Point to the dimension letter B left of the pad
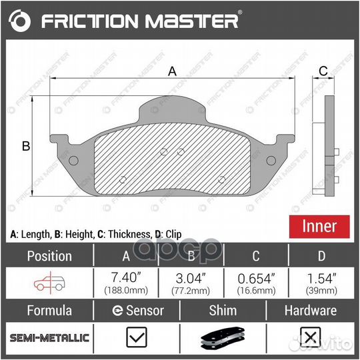(25, 147)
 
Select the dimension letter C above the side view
(323, 71)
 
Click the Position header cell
(49, 256)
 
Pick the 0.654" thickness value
(255, 277)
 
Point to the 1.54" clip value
(321, 277)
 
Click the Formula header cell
(49, 311)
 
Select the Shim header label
(223, 311)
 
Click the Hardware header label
(310, 311)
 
